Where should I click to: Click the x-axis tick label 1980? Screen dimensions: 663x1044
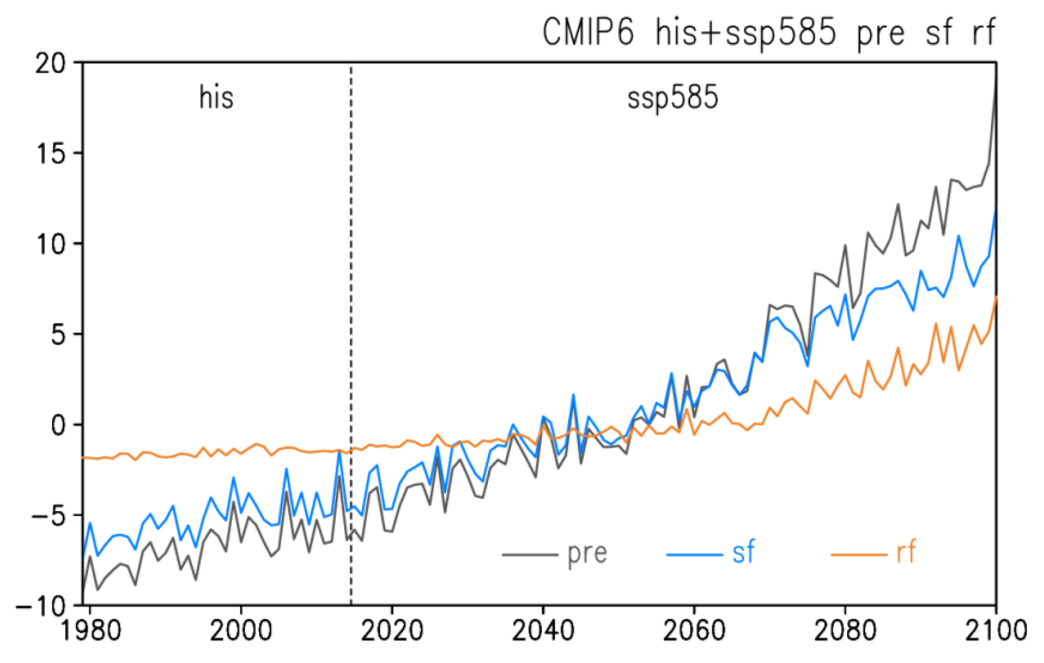tap(90, 631)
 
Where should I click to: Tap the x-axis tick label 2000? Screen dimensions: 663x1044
tap(241, 631)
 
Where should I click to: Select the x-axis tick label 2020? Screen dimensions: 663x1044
tap(392, 631)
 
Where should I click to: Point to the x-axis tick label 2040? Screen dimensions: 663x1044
tap(543, 631)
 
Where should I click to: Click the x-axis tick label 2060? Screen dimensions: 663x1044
tap(694, 631)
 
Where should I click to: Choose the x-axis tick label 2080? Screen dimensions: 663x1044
tap(845, 631)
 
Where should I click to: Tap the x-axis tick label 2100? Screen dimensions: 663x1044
tap(996, 631)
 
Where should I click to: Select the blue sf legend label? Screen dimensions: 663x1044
tap(743, 552)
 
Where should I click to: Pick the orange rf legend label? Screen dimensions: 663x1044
tap(906, 552)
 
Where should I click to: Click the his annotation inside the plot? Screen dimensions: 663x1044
tap(216, 97)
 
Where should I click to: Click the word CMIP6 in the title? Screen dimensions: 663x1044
tap(588, 32)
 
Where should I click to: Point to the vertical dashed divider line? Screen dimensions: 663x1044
tap(351, 307)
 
